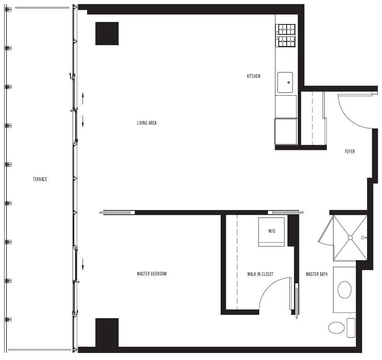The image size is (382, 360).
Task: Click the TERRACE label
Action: pyautogui.click(x=40, y=179)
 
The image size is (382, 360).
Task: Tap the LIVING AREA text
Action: pyautogui.click(x=147, y=123)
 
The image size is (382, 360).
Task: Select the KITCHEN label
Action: pyautogui.click(x=253, y=76)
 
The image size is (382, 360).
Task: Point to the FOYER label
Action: pyautogui.click(x=350, y=152)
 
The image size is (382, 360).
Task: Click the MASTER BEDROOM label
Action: pyautogui.click(x=152, y=274)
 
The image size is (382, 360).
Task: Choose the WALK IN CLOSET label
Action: pyautogui.click(x=260, y=274)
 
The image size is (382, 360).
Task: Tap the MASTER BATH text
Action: pyautogui.click(x=317, y=274)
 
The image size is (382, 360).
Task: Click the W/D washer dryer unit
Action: pyautogui.click(x=271, y=232)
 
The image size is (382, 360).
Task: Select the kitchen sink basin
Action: pyautogui.click(x=285, y=82)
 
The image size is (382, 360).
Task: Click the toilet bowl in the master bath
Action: pyautogui.click(x=336, y=328)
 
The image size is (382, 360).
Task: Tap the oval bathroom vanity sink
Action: pyautogui.click(x=345, y=290)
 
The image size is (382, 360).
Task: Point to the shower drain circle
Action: pyautogui.click(x=350, y=237)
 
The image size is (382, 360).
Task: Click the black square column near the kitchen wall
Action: pyautogui.click(x=107, y=34)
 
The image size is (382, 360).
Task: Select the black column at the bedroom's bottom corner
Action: pyautogui.click(x=107, y=333)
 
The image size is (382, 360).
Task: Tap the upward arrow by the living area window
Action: pyautogui.click(x=83, y=98)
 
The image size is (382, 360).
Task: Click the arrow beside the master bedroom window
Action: pyautogui.click(x=83, y=264)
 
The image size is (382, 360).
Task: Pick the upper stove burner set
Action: pyautogui.click(x=285, y=30)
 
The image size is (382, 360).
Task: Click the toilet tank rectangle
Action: pyautogui.click(x=351, y=328)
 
